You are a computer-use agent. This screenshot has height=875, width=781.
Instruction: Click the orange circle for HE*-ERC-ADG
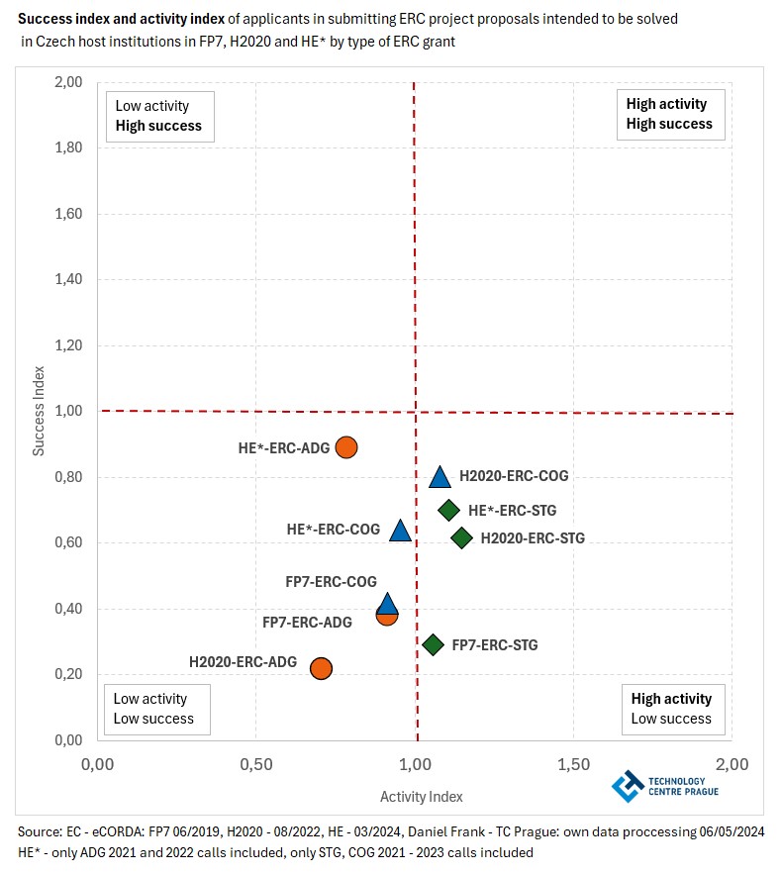(345, 447)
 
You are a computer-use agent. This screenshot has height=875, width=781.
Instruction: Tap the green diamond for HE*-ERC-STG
(448, 511)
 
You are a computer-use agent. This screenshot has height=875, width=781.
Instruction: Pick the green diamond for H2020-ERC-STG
(461, 538)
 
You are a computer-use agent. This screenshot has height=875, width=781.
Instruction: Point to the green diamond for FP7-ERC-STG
(433, 645)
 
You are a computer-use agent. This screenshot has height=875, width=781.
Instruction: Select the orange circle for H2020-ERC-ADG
(321, 668)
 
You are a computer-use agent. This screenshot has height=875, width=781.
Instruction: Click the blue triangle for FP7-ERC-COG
(387, 603)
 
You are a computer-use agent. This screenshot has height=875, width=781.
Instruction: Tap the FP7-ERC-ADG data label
(307, 623)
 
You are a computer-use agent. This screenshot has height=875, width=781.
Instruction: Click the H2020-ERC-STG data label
(533, 538)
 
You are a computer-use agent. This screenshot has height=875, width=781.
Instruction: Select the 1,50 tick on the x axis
(573, 764)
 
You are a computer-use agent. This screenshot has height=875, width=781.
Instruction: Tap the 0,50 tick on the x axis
(255, 764)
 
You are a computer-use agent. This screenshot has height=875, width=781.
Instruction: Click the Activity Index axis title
(421, 796)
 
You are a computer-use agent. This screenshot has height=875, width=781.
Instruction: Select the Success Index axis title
(40, 411)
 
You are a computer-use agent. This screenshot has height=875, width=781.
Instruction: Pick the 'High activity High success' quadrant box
(668, 114)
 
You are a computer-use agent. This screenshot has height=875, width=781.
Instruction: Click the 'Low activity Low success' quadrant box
(153, 709)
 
